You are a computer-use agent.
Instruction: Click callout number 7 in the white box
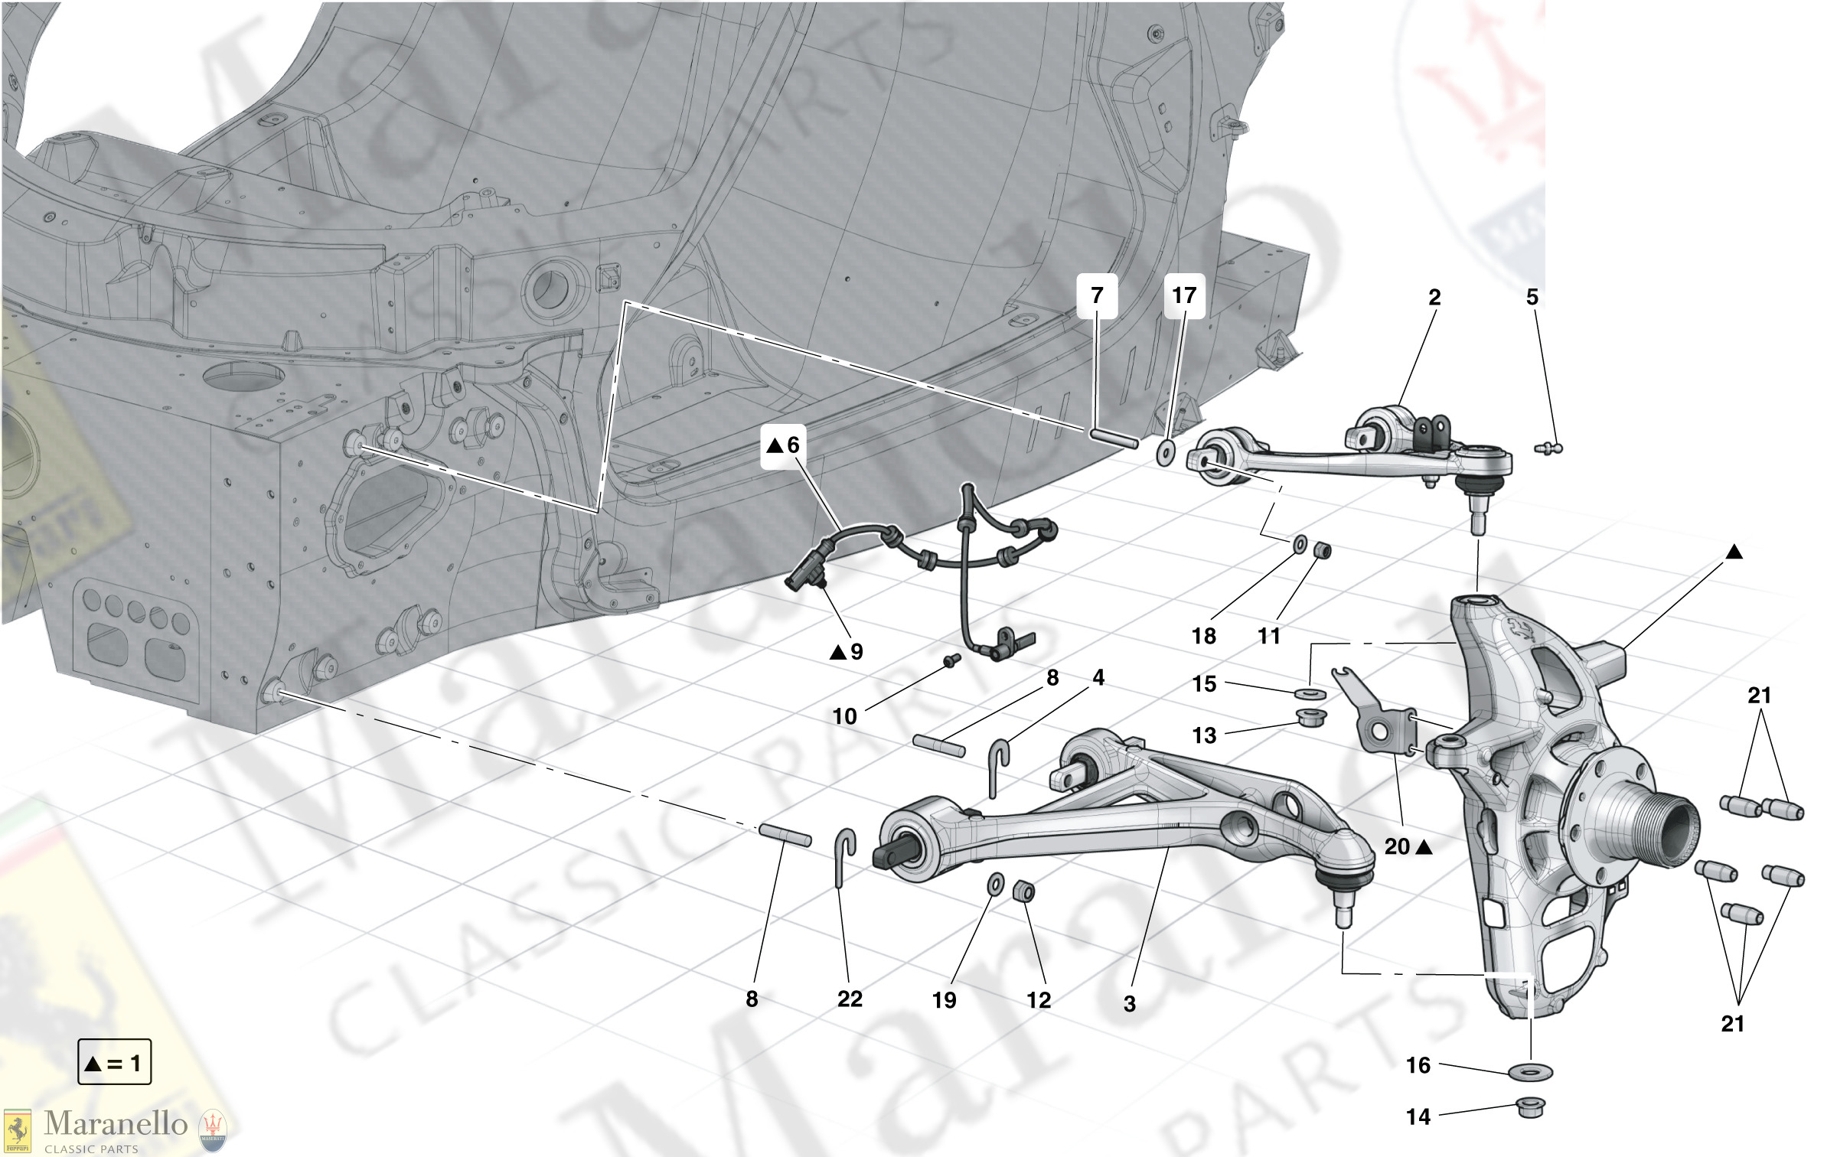coord(1097,295)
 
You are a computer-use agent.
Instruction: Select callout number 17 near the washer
coord(1184,295)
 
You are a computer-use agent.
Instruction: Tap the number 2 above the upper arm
coord(1434,297)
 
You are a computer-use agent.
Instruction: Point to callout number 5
coord(1532,297)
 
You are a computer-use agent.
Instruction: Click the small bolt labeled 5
coord(1549,448)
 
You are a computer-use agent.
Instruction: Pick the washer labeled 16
coord(1530,1072)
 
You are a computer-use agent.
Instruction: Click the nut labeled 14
coord(1530,1107)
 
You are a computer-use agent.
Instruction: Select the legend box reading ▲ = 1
coord(114,1062)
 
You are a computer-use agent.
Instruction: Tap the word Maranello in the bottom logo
coord(116,1123)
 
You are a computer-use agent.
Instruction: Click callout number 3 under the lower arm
coord(1130,1003)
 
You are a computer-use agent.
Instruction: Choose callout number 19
coord(944,1000)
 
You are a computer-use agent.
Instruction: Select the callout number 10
coord(844,716)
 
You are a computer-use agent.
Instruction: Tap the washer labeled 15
coord(1310,693)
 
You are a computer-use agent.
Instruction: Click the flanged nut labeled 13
coord(1311,718)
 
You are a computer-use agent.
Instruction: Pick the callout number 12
coord(1039,1000)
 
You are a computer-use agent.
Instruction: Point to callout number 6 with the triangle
coord(784,445)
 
